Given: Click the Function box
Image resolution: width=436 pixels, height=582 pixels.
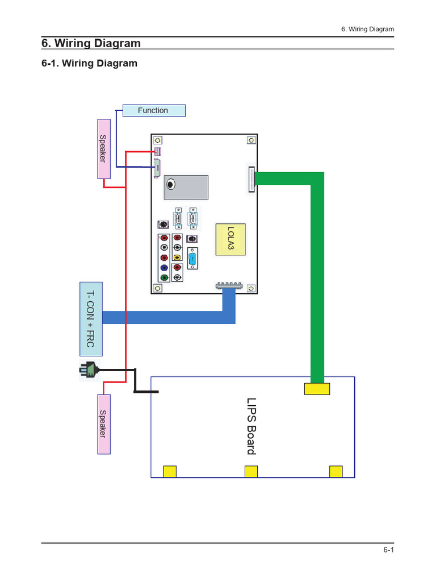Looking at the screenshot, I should [153, 111].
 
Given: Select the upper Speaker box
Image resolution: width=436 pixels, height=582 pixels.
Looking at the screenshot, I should [103, 149].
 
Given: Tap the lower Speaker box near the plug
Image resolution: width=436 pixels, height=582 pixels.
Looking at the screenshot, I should [103, 423].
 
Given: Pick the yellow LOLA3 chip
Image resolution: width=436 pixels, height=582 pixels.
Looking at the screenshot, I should [230, 239].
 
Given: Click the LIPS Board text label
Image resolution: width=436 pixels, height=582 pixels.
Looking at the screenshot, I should [250, 426].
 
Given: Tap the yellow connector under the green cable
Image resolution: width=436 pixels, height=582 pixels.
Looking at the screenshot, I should [317, 389].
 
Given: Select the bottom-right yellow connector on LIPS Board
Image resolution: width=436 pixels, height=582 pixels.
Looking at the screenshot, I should [336, 471].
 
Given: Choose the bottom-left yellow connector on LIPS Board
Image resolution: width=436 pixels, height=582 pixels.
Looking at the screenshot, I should [170, 471].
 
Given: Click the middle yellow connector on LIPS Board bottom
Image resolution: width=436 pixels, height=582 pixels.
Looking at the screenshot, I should [251, 471].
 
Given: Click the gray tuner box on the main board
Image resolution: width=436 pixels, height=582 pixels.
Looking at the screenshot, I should [186, 187].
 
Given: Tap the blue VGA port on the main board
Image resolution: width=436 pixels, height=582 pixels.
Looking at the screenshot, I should [192, 259].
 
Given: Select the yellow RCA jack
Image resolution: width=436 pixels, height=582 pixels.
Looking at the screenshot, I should [178, 257].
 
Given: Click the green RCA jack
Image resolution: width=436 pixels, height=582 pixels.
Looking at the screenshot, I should [164, 277].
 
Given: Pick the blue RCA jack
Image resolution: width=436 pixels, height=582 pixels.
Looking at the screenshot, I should [164, 268].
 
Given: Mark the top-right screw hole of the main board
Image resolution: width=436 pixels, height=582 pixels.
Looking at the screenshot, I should [250, 140].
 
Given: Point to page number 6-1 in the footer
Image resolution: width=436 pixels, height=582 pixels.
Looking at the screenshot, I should [388, 550].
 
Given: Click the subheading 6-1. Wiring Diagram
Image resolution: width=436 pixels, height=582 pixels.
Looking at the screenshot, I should [90, 63].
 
